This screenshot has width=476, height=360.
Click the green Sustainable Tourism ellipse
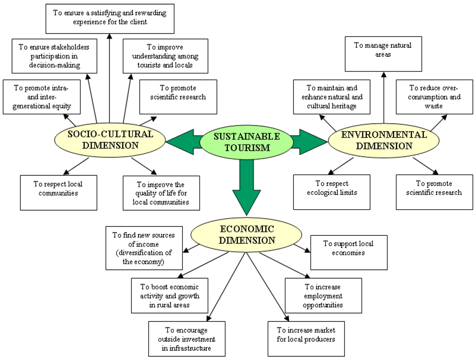[246, 142]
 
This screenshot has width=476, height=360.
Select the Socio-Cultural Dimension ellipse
[110, 140]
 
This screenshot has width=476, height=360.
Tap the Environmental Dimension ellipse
[383, 140]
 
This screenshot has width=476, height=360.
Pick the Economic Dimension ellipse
[246, 235]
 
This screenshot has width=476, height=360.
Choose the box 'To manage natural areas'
[383, 54]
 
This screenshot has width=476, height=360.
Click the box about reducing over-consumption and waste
[434, 97]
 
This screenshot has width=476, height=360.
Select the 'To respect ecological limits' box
[331, 192]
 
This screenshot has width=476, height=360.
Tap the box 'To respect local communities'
[59, 192]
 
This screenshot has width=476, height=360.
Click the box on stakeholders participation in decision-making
[54, 56]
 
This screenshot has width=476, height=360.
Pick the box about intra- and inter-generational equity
[41, 97]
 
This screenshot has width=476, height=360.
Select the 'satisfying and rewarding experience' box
[110, 18]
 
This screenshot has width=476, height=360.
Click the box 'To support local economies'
[349, 252]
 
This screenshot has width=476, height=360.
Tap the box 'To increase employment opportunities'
[323, 295]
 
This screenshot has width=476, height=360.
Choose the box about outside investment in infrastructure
[187, 339]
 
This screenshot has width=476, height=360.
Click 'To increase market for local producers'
[306, 339]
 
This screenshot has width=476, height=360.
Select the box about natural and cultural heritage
[331, 97]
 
